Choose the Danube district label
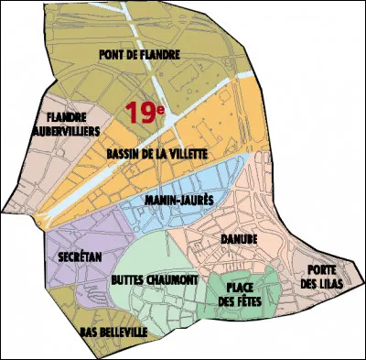click(x=239, y=240)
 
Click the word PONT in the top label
click(x=113, y=54)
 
